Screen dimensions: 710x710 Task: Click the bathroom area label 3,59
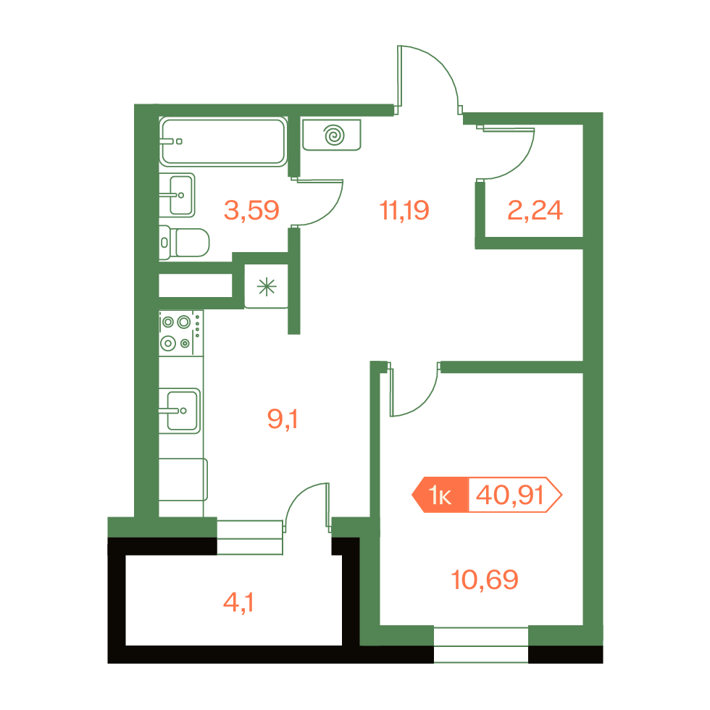pos(252,211)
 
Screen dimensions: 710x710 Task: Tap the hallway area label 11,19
pos(404,211)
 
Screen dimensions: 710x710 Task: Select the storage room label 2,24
pos(535,211)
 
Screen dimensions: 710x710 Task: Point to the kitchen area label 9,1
pos(283,419)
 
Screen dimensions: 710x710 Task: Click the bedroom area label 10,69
pos(485,580)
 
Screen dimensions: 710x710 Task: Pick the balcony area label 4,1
pos(238,603)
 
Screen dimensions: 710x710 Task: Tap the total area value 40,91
pos(509,495)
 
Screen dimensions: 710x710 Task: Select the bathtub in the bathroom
pos(223,141)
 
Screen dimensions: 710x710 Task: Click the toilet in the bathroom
pos(184,243)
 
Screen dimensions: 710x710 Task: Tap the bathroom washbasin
pos(177,195)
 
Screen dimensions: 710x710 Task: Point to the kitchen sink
pos(180,411)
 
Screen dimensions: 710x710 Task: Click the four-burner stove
pos(181,333)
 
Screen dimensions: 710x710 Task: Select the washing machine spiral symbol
pos(334,135)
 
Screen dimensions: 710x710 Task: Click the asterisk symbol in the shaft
pos(267,287)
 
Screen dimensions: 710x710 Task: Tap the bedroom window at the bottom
pos(481,645)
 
